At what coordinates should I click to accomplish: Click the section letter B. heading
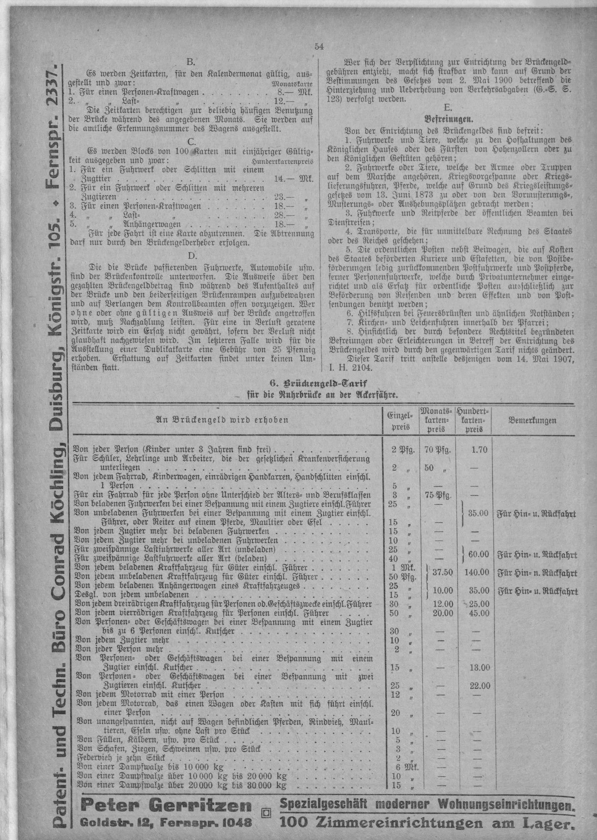191,61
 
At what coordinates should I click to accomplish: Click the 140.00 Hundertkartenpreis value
477,572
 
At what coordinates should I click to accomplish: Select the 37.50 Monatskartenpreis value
442,572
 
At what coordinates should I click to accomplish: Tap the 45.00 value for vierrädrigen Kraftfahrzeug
479,613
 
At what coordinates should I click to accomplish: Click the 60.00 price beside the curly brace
478,554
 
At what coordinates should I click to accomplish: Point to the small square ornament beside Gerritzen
265,812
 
